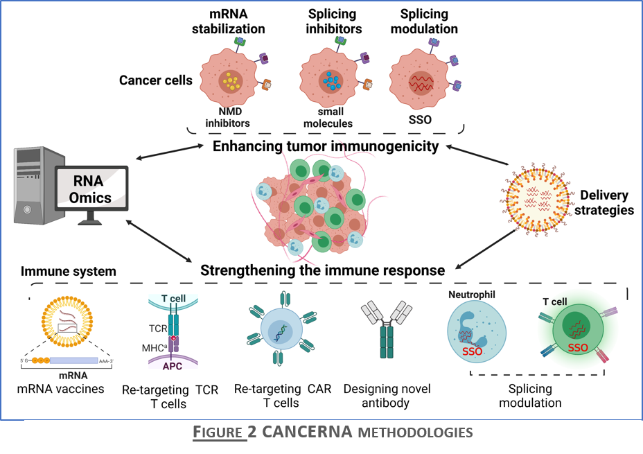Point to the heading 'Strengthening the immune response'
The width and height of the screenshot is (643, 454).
(x=322, y=270)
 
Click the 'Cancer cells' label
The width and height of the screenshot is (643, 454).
(x=155, y=80)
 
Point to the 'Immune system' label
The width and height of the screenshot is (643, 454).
(x=68, y=271)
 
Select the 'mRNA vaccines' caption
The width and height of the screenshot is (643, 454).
(x=61, y=388)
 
